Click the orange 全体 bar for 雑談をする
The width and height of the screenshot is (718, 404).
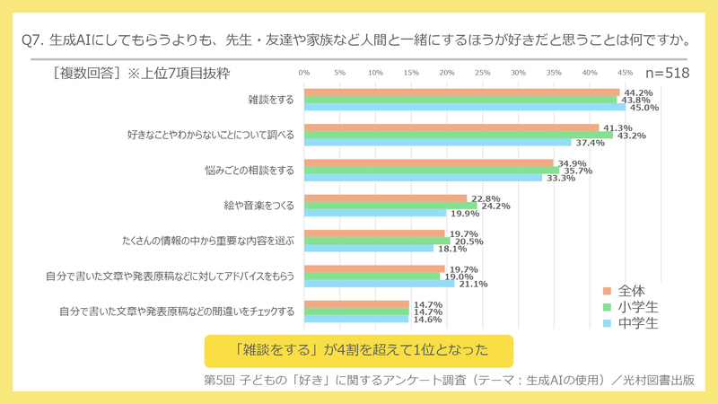pos(462,92)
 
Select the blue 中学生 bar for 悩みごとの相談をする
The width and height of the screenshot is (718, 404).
pos(423,178)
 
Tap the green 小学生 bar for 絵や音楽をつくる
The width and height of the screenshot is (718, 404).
pos(390,206)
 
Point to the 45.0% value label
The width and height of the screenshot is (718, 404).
pos(644,108)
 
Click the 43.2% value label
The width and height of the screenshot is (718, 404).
pos(631,136)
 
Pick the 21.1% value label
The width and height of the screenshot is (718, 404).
pos(473,285)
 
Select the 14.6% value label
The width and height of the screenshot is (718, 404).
pos(427,320)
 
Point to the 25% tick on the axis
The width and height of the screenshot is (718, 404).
pos(483,72)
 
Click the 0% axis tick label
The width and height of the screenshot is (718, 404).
pos(304,72)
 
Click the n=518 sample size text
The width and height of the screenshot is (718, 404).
pos(668,73)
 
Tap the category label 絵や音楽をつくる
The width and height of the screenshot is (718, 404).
pos(258,206)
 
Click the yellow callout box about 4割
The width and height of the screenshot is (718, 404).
pos(358,348)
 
